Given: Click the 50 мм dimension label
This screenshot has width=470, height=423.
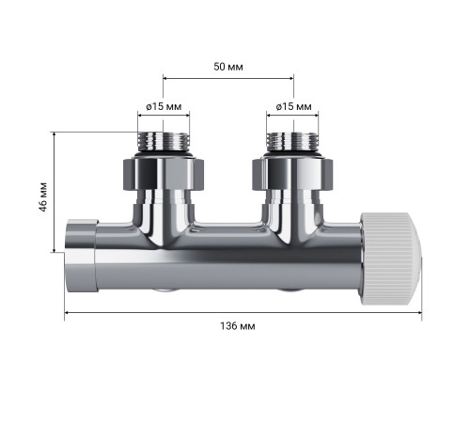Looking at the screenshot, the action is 228,67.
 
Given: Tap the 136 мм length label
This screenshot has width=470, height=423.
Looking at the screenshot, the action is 238,326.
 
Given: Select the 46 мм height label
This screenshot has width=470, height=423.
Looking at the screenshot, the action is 43,196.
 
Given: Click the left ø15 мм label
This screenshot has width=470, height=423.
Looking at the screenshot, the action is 164,106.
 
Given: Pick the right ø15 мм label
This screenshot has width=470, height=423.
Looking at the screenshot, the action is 294,106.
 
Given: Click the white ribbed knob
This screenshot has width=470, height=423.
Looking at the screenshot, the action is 387,258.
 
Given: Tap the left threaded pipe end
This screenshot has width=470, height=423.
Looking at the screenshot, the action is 164,141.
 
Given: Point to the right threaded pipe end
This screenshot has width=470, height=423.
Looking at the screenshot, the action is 292,141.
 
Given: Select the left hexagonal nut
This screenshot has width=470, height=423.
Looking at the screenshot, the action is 163,174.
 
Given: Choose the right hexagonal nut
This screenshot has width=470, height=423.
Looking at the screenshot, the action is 292,174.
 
